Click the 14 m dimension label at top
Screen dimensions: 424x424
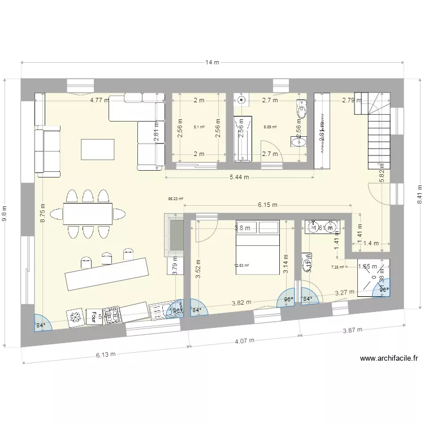point(212,63)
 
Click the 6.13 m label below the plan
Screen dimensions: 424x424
point(105,354)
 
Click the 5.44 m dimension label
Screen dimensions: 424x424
point(239,178)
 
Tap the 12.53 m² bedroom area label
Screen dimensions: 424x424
point(242,265)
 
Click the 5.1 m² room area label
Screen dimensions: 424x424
point(198,127)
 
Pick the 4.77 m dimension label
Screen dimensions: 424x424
point(99,101)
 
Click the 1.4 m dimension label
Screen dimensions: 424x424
point(371,243)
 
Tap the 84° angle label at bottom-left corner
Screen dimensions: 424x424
point(40,326)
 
